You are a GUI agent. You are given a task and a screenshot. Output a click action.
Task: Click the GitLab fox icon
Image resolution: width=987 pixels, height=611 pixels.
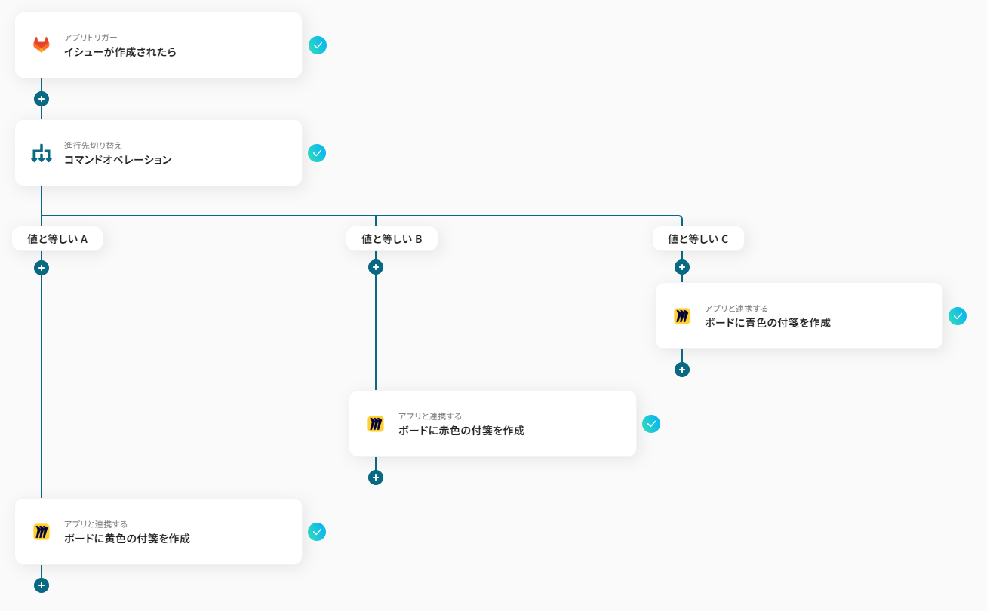click(42, 45)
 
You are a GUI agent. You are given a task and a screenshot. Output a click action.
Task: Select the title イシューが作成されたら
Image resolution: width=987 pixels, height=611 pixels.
click(120, 52)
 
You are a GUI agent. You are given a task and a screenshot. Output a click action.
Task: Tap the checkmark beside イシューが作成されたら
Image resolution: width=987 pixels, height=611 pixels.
click(318, 45)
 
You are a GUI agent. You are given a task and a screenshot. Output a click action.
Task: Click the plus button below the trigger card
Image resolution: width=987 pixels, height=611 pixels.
click(42, 99)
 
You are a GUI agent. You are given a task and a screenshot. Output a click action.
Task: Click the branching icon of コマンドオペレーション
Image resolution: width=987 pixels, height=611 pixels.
click(42, 153)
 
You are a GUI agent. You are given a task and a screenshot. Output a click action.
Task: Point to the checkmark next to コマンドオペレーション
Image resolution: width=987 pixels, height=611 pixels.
click(317, 153)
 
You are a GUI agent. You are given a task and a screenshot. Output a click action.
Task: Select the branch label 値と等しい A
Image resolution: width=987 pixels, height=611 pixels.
click(57, 239)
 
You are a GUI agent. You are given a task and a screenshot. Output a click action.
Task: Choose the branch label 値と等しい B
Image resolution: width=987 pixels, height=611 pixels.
click(392, 239)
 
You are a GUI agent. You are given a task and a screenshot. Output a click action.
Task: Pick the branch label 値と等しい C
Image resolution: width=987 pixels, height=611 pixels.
click(698, 239)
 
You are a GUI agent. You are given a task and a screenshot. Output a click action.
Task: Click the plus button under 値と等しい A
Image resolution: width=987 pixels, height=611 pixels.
click(42, 268)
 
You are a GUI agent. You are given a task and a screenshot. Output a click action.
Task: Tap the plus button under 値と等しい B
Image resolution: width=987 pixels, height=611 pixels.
click(376, 267)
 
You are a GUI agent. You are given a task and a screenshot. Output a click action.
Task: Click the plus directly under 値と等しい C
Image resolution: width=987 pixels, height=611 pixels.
click(682, 267)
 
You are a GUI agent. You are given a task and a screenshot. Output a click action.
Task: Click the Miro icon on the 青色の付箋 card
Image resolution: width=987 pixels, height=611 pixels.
click(682, 316)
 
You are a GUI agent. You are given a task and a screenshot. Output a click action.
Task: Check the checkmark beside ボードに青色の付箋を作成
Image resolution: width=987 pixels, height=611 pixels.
click(958, 316)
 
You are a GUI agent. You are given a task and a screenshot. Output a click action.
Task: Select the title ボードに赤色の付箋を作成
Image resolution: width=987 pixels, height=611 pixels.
click(461, 431)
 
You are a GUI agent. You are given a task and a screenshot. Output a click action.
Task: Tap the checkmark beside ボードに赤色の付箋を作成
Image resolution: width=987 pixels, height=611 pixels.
click(651, 424)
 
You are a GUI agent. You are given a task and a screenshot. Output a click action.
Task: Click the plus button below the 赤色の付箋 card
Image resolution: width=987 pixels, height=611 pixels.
click(376, 477)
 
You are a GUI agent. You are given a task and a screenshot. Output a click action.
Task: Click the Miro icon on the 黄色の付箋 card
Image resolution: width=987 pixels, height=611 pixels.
click(42, 532)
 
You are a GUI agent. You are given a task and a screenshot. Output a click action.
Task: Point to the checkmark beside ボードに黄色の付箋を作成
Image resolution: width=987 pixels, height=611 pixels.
click(317, 532)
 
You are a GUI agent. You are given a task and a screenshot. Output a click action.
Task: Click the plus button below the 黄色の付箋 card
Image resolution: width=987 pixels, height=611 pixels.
click(42, 585)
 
